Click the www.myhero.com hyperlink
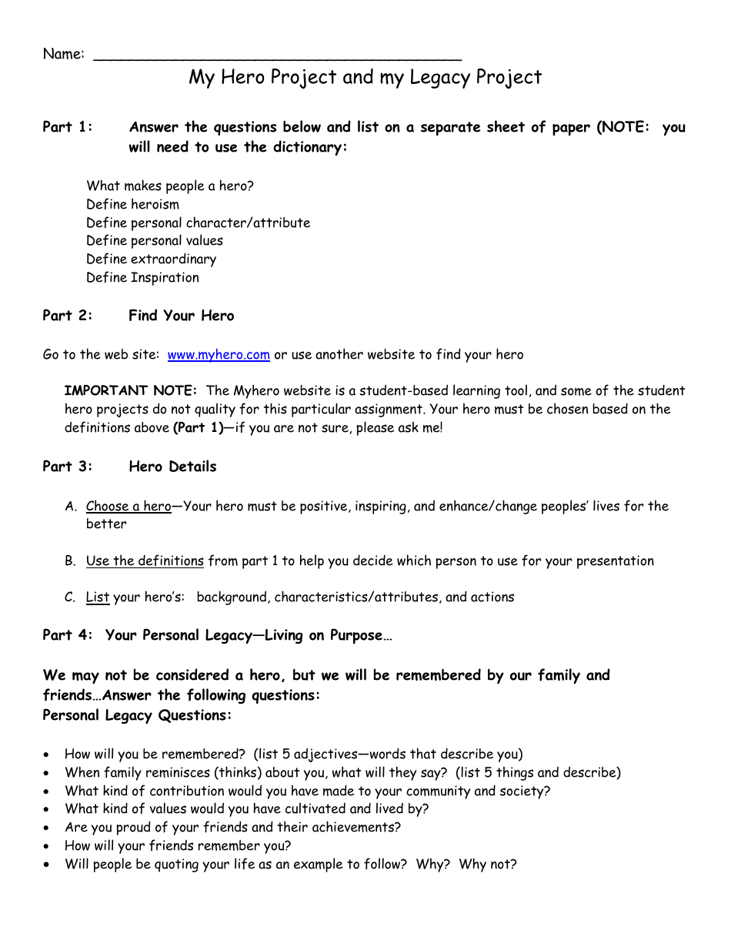tap(219, 355)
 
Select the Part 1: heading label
tap(68, 127)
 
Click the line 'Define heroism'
tap(132, 204)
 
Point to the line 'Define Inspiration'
tap(142, 278)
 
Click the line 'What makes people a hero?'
tap(169, 186)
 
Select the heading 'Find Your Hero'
tap(181, 316)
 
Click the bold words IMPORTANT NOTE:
tap(131, 390)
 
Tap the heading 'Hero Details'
tap(172, 467)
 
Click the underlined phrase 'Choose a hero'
tap(129, 506)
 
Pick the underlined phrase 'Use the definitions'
tap(145, 561)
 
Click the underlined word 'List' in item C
tap(97, 597)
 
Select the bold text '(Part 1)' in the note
tap(198, 427)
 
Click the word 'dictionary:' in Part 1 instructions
tap(310, 147)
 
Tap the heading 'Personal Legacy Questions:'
tap(137, 716)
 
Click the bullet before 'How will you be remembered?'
tap(48, 755)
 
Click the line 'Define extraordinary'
tap(151, 259)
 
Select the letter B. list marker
tap(70, 561)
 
